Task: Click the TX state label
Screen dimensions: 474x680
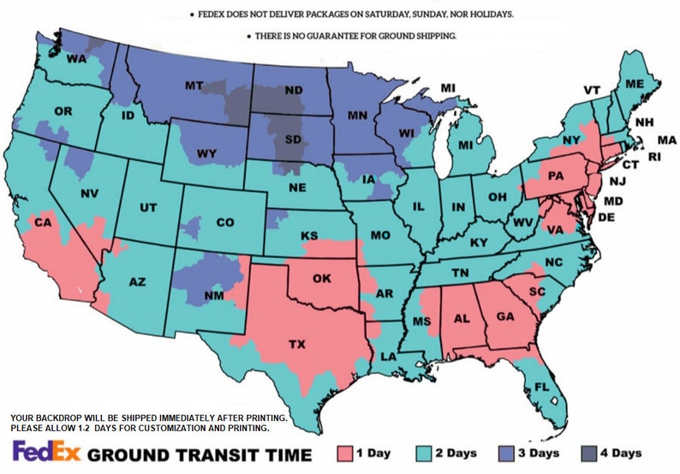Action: point(296,345)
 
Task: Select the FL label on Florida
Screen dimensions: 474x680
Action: point(541,386)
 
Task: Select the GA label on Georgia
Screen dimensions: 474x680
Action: point(504,316)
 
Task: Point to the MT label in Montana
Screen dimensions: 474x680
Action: point(196,86)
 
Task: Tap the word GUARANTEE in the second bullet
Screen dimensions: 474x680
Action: point(331,36)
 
